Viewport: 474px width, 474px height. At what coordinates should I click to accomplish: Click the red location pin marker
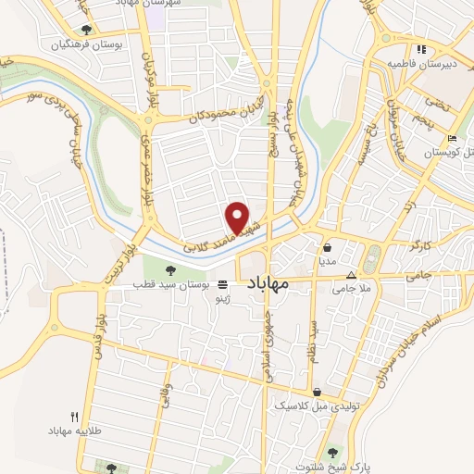tap(239, 218)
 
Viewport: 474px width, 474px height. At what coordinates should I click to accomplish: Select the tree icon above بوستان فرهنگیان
tap(86, 30)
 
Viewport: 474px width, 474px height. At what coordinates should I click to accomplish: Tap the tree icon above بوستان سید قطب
tap(169, 269)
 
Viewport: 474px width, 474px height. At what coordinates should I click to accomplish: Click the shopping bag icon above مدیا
tap(329, 248)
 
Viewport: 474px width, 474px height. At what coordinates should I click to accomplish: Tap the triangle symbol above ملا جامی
tap(351, 275)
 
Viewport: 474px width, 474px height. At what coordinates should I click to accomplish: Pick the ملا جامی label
tap(351, 289)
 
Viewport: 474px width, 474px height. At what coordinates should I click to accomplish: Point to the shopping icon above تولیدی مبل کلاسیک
tap(318, 393)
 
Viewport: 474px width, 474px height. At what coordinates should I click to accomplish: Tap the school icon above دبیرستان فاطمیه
tap(421, 49)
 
